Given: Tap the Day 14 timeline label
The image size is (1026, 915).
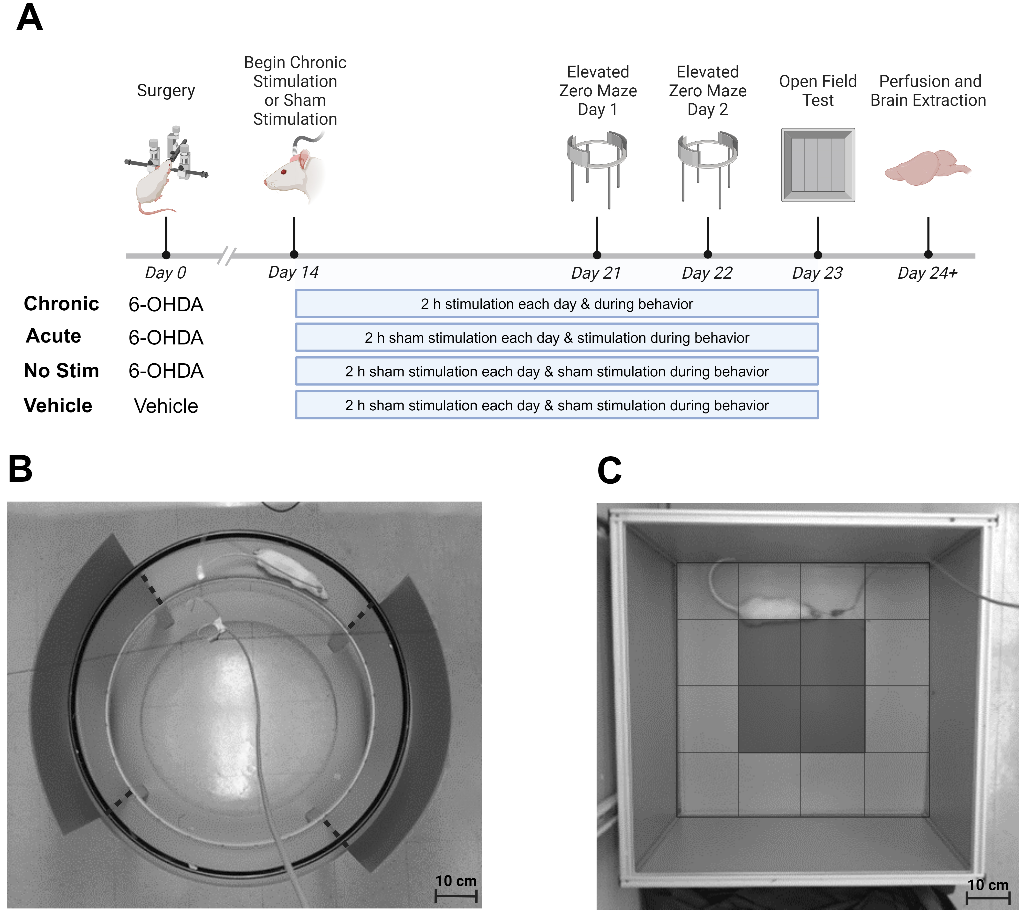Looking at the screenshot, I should click(293, 272).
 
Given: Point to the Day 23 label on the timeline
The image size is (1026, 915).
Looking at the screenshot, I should click(817, 273).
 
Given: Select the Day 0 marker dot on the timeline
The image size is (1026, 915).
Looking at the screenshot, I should click(166, 255).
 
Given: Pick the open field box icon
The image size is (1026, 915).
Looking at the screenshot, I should click(818, 165).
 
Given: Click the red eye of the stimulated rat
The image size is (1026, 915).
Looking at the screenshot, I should click(284, 172).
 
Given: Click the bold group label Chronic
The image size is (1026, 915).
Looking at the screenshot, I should click(61, 304).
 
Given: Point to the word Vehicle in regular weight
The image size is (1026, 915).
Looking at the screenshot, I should click(166, 406).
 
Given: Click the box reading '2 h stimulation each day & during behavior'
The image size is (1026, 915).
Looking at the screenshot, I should click(557, 304).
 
